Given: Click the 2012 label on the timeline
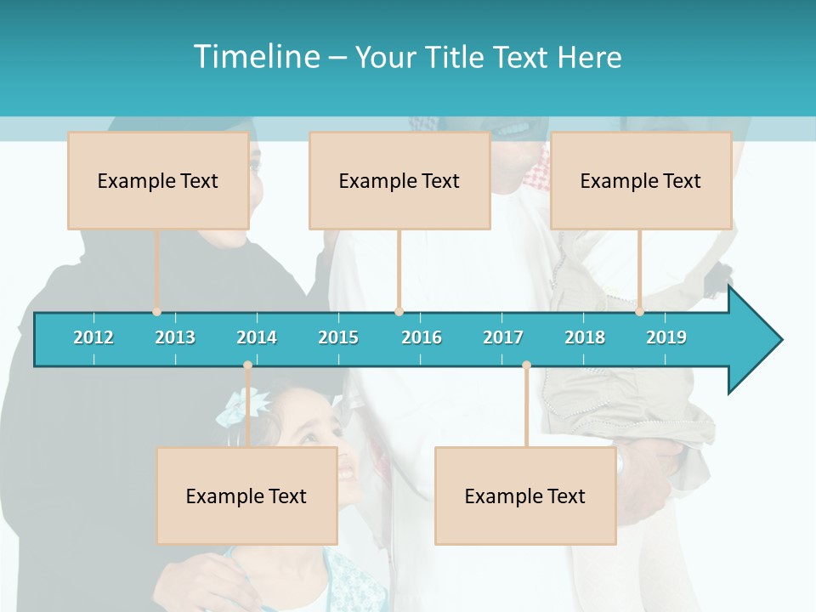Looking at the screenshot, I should [93, 337].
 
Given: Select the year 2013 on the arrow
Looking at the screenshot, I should [175, 337].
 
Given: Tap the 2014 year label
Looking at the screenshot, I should [257, 337].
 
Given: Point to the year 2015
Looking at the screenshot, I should [338, 337].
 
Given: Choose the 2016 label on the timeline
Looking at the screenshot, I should [422, 337].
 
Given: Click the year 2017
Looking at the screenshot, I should [503, 337].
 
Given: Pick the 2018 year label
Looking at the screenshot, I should [585, 337].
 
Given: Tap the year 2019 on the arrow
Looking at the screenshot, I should [666, 337].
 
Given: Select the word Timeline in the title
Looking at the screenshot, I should [254, 57].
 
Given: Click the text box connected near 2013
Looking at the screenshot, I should [158, 180].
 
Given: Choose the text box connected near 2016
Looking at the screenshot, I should [399, 180].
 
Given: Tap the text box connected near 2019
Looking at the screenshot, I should [641, 180].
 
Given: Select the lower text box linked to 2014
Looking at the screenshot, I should [246, 496].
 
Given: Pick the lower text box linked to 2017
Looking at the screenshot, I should [525, 496].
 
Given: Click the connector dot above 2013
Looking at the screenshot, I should [157, 312].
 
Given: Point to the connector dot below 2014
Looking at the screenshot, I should [247, 365].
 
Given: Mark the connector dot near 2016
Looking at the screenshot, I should [399, 312].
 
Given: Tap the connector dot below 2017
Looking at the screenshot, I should [526, 365].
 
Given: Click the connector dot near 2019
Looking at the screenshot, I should [640, 312].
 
